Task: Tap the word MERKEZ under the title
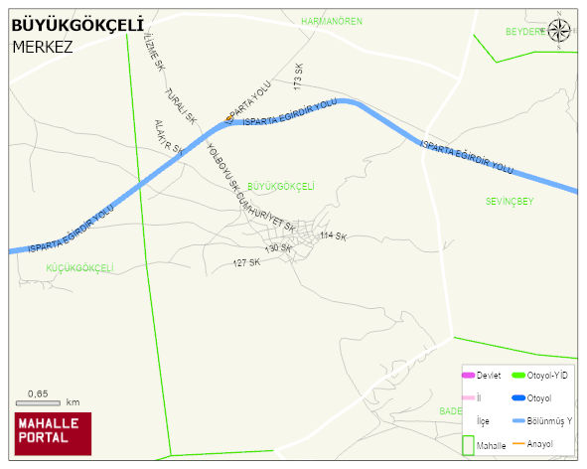click(43, 46)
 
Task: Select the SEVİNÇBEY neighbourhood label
click(510, 201)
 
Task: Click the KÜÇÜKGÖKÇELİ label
click(79, 268)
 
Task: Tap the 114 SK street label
click(333, 236)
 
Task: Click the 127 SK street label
click(246, 262)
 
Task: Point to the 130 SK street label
click(277, 248)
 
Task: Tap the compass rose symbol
click(560, 31)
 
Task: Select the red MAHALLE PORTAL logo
click(52, 433)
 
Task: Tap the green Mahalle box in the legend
click(468, 445)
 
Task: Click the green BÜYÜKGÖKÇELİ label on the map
click(280, 186)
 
